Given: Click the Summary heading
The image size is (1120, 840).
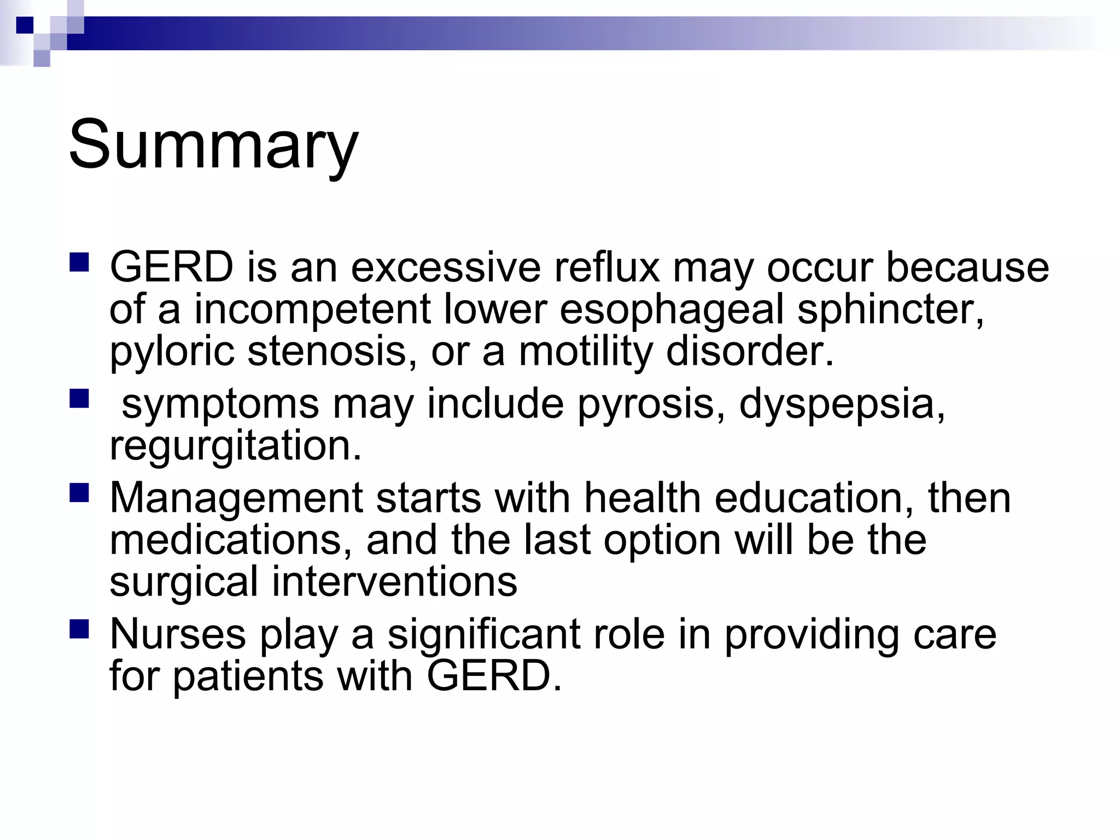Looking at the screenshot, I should coord(213,145).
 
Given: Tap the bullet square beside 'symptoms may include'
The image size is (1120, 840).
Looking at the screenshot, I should coord(79,399).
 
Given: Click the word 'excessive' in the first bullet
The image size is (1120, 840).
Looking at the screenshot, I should coord(445,267).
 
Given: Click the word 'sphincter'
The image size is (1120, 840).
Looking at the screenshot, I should coord(889,311).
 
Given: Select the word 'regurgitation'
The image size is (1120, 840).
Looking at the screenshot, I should coord(235,446).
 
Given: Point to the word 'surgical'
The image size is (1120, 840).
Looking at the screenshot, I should coord(184,582).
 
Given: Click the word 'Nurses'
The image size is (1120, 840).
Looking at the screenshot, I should coord(178,634).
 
